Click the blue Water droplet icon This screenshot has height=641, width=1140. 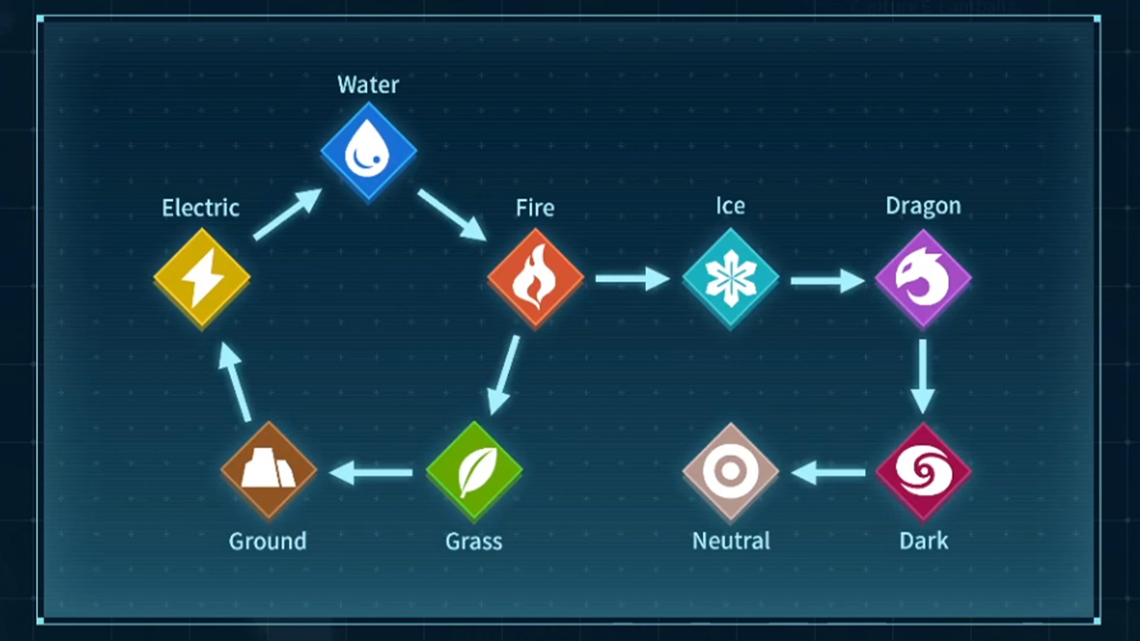coord(368,151)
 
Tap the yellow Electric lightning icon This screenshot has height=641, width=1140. coord(202,278)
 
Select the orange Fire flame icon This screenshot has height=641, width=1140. coord(535,278)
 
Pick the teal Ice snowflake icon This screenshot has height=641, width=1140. coord(730,278)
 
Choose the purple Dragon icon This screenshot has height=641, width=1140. coord(923,278)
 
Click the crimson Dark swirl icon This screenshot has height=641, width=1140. coord(923,472)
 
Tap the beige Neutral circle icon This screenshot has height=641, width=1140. coord(730,472)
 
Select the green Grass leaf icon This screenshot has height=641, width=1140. coord(474,472)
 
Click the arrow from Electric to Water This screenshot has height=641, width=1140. coord(287,214)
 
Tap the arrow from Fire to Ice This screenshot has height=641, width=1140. coord(632,278)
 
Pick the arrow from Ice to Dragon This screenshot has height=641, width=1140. coord(827,280)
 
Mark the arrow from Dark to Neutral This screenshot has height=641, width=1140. coord(828,473)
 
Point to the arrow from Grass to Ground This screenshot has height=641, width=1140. coord(371,473)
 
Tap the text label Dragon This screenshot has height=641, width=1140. coord(923,206)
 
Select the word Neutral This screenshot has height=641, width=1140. coord(731,541)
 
